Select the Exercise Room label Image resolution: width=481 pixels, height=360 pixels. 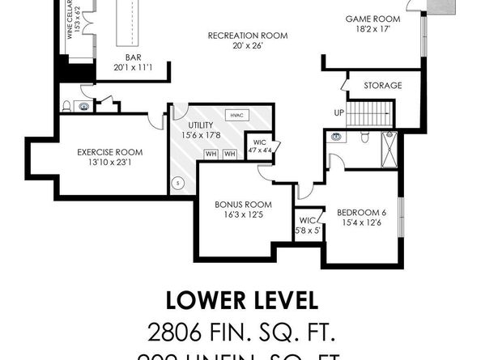pos(109,152)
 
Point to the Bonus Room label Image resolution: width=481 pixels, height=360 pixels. pos(243,204)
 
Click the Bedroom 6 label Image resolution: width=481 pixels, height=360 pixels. pos(361,213)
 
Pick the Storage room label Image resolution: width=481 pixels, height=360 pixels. pos(383,84)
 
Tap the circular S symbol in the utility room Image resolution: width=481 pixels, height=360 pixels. pos(178,183)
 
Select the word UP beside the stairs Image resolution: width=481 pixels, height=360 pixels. pos(339,112)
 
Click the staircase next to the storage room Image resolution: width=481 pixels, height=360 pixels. pos(369,113)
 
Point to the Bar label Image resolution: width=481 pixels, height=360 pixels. pos(134,58)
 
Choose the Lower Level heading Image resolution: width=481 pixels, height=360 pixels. pos(241,300)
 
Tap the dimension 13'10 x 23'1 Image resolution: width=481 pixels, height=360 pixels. pos(109,163)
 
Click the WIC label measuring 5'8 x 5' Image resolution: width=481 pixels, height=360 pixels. pos(309,225)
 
